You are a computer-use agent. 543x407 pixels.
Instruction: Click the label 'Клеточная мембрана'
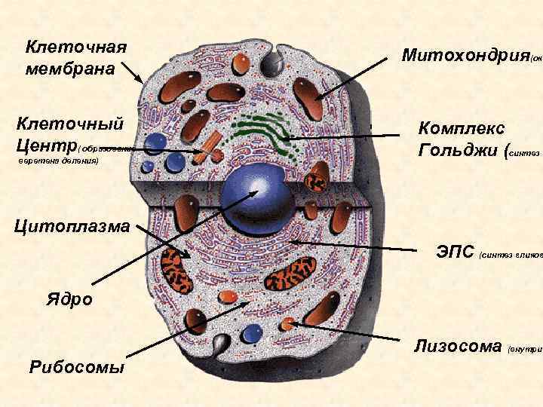(75, 57)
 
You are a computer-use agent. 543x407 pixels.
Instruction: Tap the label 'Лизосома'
(458, 346)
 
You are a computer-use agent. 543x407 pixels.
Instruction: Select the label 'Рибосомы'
(76, 367)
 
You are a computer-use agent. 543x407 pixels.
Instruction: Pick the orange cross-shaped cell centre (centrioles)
(212, 147)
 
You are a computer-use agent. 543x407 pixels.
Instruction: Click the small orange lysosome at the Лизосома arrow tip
(287, 324)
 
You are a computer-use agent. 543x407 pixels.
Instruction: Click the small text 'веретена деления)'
(58, 161)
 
